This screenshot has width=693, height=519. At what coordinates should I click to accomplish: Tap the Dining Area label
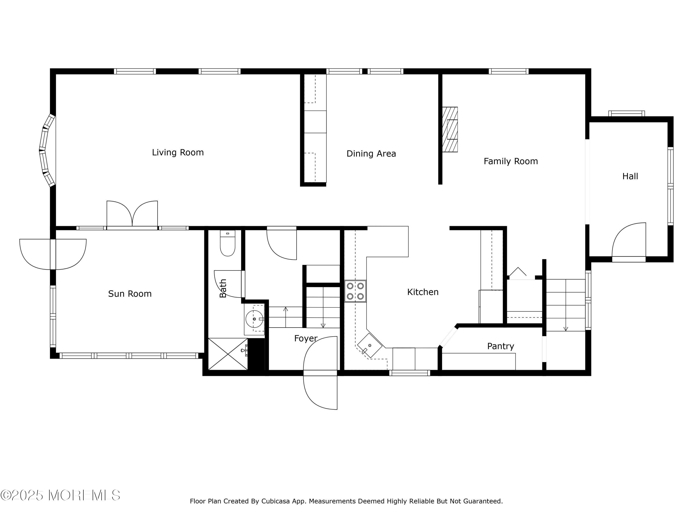pos(371,154)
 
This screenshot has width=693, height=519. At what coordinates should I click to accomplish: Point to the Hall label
pos(630,176)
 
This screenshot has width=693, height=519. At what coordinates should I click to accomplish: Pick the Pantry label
pos(500,346)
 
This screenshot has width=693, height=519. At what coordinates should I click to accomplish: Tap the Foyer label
pos(306,338)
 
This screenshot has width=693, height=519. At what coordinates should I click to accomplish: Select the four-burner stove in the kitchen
pos(355,291)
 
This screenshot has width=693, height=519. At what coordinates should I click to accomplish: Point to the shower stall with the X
pos(228,354)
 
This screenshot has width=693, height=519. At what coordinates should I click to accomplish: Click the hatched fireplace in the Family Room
pos(450,129)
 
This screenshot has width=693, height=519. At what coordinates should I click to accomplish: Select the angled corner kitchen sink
pos(370,345)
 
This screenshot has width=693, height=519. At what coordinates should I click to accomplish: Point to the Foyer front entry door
pos(320,372)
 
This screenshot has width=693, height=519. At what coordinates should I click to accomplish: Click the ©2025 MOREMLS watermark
pos(60,495)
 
